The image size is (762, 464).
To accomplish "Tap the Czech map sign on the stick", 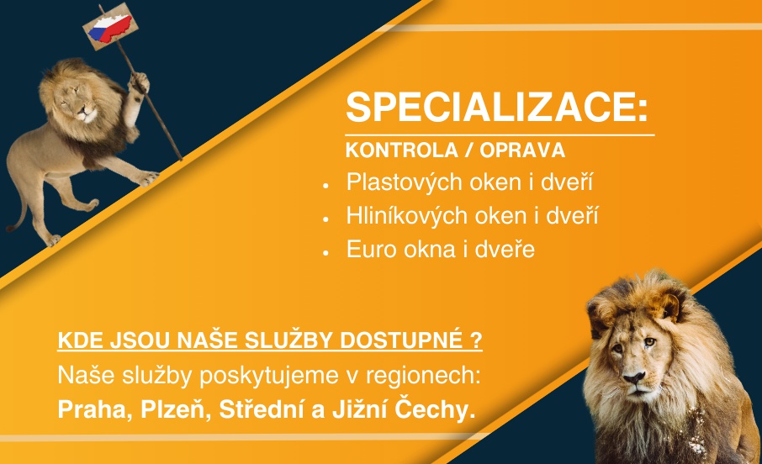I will tap(114, 24).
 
